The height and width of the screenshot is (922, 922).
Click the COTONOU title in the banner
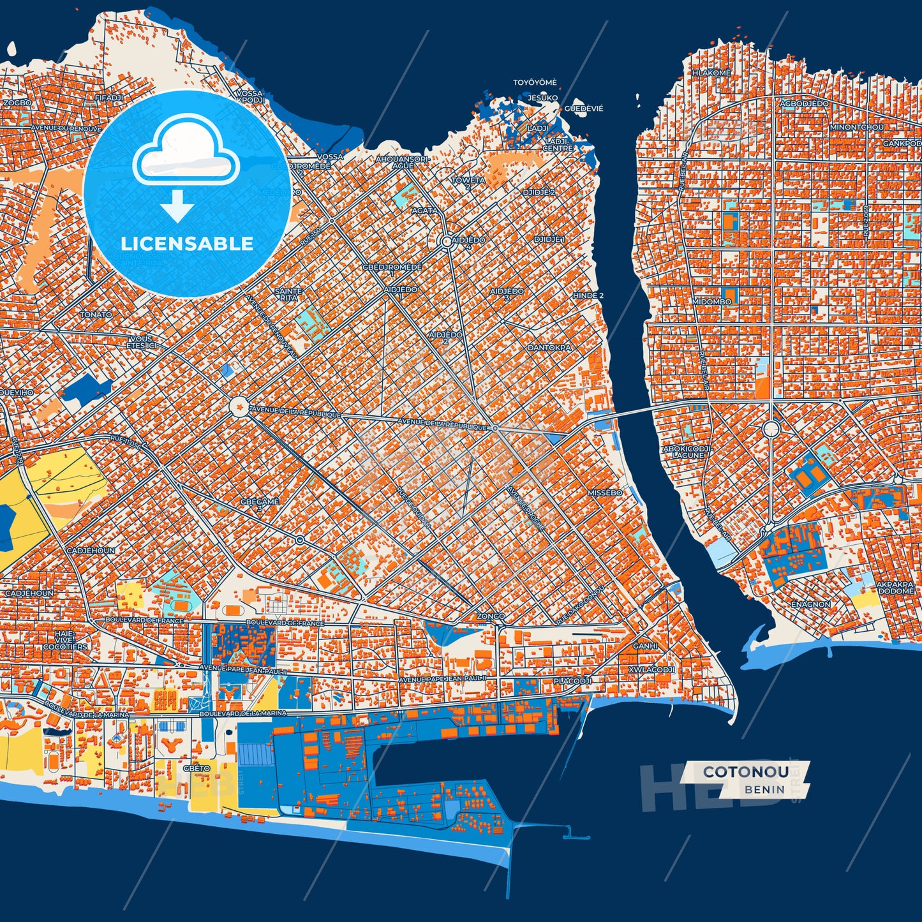tap(745, 771)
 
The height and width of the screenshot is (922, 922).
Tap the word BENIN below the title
tap(764, 789)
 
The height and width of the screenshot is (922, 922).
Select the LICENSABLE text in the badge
tap(187, 243)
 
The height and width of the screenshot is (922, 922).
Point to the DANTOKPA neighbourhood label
tap(549, 348)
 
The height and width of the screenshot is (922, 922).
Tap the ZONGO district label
tap(491, 616)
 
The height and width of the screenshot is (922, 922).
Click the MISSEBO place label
tap(604, 493)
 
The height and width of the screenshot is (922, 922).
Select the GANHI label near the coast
tap(645, 646)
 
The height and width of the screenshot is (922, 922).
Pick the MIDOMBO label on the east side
tap(711, 301)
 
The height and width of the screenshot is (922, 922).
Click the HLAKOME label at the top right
tap(711, 73)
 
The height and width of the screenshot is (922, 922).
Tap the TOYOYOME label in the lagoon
tap(535, 82)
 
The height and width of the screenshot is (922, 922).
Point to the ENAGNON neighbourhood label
tap(810, 604)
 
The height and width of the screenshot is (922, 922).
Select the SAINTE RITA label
tap(288, 294)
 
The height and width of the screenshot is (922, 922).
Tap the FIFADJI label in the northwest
tap(108, 98)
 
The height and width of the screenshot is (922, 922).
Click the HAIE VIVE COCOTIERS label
tap(65, 640)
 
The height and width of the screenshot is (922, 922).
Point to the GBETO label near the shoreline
tap(196, 768)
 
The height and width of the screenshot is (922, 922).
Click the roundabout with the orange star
tap(239, 406)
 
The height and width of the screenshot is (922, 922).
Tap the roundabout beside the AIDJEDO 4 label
tap(446, 241)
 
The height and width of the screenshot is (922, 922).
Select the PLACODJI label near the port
tap(572, 681)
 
